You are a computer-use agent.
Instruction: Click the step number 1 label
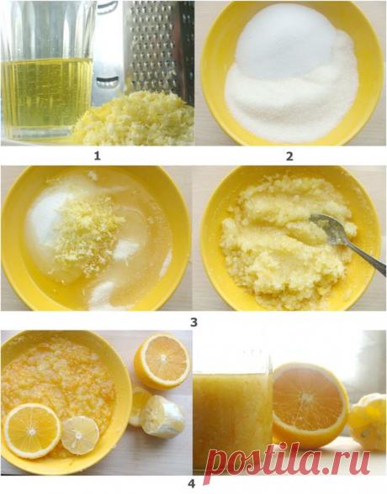pos(97,155)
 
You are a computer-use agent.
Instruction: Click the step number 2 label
pos(289,156)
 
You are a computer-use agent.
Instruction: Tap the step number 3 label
pos(193,322)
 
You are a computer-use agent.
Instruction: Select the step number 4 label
pos(192,483)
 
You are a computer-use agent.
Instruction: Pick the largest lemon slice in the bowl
pos(32,430)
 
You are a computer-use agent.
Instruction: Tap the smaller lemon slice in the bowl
pos(80,435)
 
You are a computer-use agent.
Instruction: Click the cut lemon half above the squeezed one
pos(162,362)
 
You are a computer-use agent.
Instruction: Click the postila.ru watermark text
pos(287,461)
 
